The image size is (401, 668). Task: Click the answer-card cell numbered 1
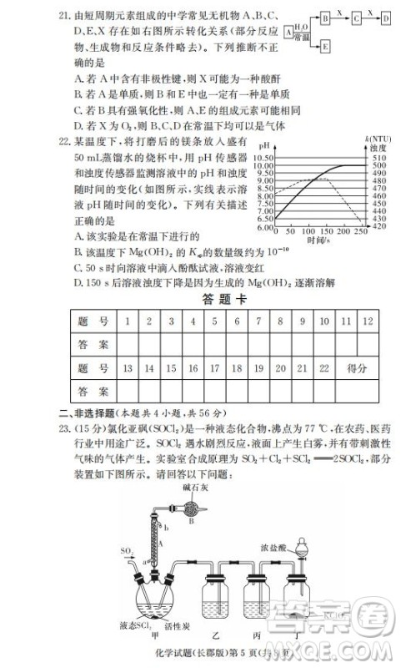pos(127,321)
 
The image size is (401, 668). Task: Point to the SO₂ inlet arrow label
pos(126,551)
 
